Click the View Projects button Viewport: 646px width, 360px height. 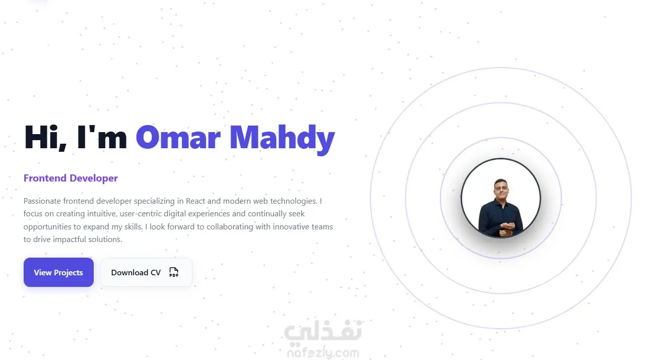pyautogui.click(x=58, y=272)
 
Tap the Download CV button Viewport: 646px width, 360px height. pyautogui.click(x=147, y=272)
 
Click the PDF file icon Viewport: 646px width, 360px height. pyautogui.click(x=174, y=272)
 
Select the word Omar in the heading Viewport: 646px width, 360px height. pyautogui.click(x=178, y=137)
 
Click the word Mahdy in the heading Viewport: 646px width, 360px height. pyautogui.click(x=282, y=140)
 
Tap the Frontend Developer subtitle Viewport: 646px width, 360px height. pyautogui.click(x=71, y=178)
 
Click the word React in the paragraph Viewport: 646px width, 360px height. pyautogui.click(x=195, y=201)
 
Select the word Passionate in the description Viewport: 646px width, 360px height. pyautogui.click(x=42, y=201)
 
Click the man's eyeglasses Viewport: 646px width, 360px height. pyautogui.click(x=501, y=188)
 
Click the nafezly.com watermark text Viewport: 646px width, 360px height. pyautogui.click(x=324, y=353)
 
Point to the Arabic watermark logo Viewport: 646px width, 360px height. pyautogui.click(x=322, y=332)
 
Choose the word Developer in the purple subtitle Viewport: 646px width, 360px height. pyautogui.click(x=94, y=178)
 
